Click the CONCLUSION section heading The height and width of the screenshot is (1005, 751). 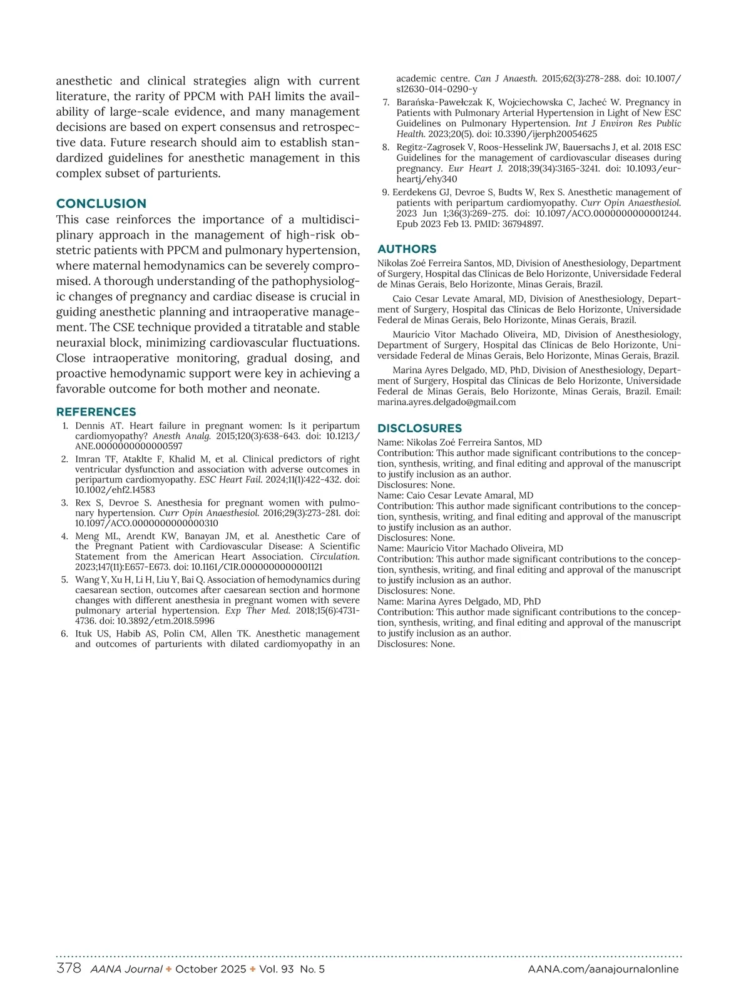tap(101, 203)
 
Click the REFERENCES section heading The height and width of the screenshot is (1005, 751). tap(96, 412)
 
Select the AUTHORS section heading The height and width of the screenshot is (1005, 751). tap(407, 249)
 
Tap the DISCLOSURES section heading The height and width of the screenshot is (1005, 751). tap(419, 428)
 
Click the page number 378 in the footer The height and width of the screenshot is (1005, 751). tap(69, 969)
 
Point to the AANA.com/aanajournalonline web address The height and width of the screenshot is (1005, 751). tap(603, 969)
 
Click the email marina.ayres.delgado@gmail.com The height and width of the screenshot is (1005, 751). tap(446, 402)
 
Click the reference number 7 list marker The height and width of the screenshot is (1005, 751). tap(386, 102)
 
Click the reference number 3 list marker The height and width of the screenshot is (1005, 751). tap(64, 502)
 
